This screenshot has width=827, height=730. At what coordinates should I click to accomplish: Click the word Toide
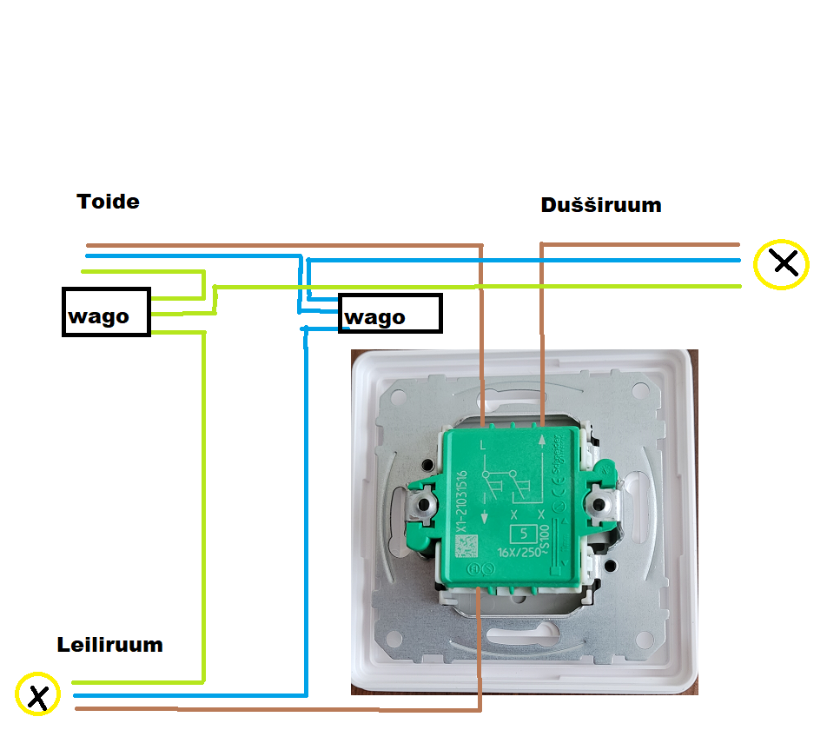pos(108,202)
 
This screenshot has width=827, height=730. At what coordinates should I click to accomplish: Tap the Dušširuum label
pos(600,205)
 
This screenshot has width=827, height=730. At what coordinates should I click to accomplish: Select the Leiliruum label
pos(110,645)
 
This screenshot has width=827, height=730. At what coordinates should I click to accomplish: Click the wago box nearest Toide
pos(106,312)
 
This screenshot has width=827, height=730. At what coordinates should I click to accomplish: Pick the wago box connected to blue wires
pos(390,313)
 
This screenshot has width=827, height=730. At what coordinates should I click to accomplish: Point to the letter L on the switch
pos(483,447)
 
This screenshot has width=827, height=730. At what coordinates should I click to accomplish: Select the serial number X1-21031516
pos(463,501)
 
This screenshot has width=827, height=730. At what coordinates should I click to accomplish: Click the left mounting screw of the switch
pos(424,504)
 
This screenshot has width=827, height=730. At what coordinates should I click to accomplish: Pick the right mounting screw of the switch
pos(600,504)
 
